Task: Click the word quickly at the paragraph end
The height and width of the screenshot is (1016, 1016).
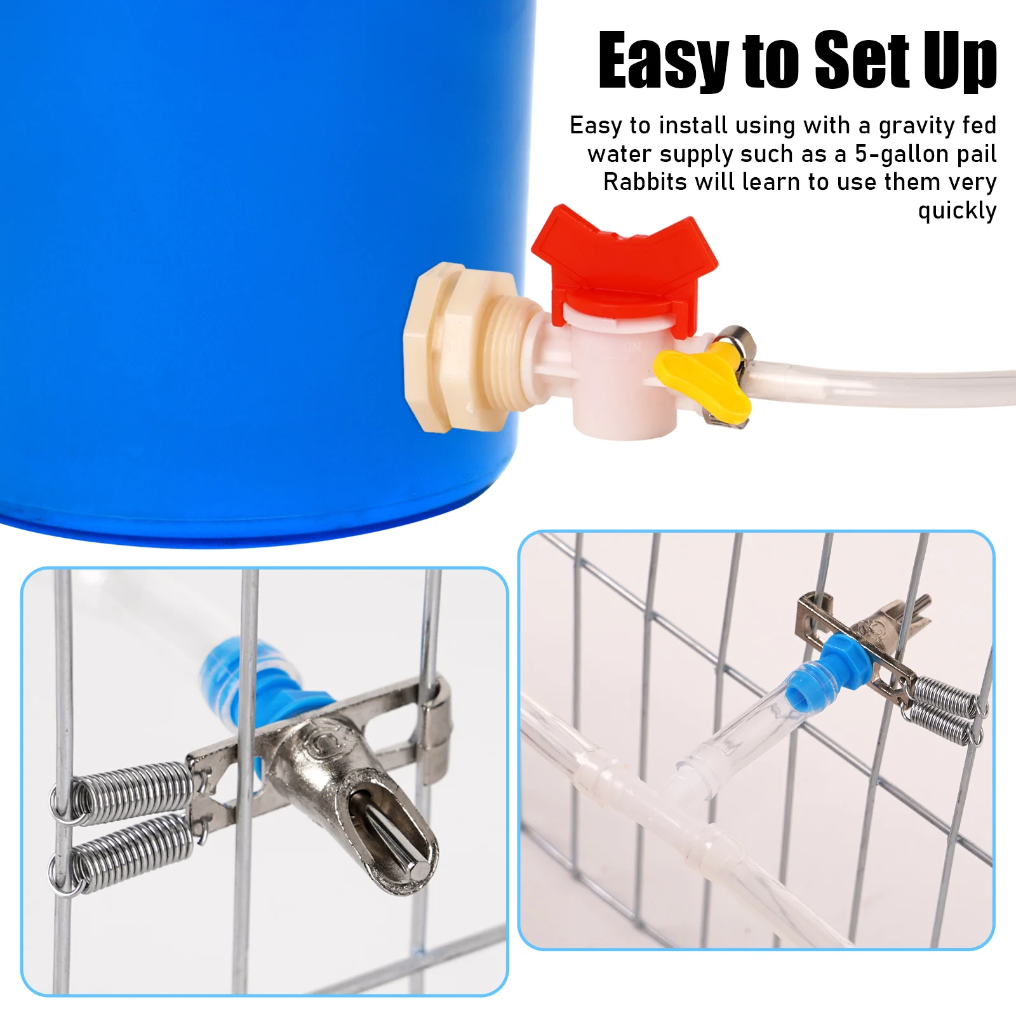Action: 957,211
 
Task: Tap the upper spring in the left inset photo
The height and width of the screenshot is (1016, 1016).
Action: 124,791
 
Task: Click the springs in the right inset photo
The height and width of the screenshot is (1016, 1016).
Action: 944,708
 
